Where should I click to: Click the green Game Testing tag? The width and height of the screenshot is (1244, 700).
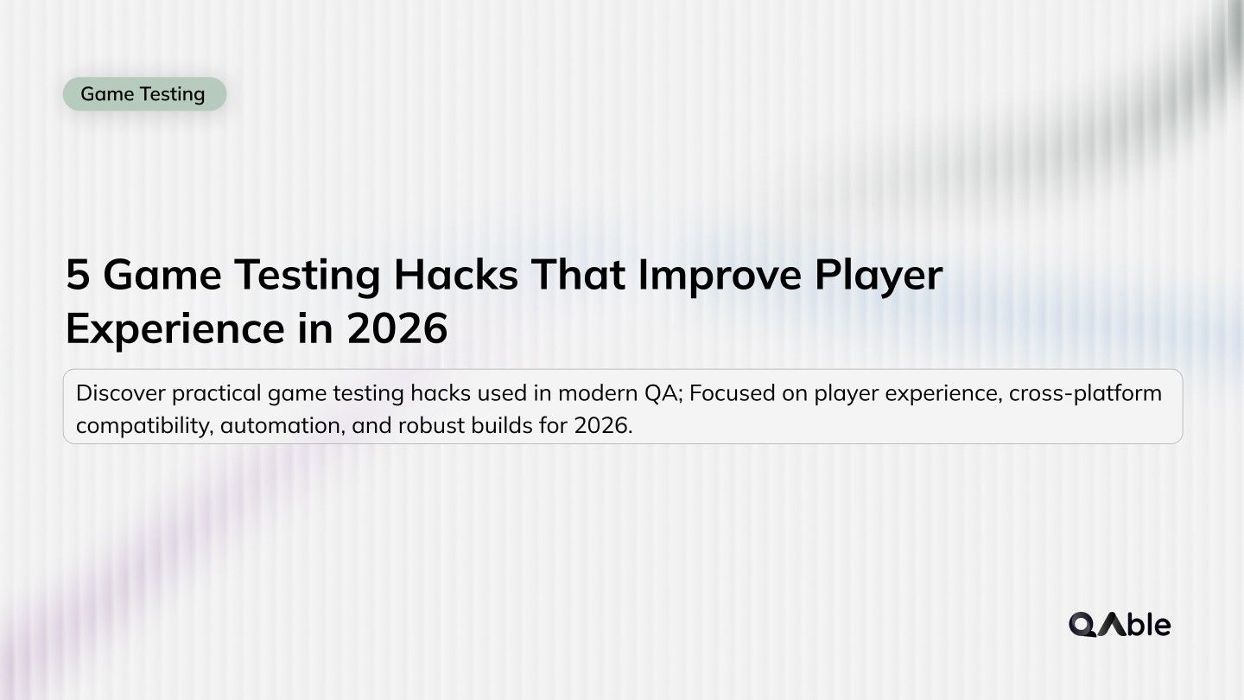pyautogui.click(x=144, y=94)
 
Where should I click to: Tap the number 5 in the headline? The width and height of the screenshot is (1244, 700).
pyautogui.click(x=78, y=276)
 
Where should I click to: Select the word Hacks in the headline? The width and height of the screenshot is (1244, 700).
pyautogui.click(x=455, y=276)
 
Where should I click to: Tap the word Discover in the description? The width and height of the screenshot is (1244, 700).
pyautogui.click(x=120, y=394)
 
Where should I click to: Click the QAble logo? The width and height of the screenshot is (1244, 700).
pyautogui.click(x=1120, y=624)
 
